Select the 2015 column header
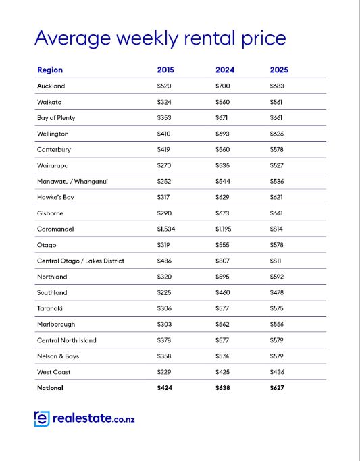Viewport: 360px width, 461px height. tap(165, 70)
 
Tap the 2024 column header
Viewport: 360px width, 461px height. tap(225, 70)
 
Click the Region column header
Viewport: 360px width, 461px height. tap(50, 70)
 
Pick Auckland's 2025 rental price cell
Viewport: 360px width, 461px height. tap(277, 86)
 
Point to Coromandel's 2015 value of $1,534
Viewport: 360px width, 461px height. tap(166, 229)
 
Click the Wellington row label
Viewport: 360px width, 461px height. tap(53, 134)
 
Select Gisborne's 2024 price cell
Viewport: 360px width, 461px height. tap(222, 213)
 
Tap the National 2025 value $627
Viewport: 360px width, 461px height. tap(277, 388)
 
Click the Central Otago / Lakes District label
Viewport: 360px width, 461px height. tap(81, 261)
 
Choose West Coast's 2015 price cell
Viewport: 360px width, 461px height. tap(164, 372)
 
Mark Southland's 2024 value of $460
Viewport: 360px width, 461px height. tap(223, 292)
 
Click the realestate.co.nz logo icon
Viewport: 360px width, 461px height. tap(42, 418)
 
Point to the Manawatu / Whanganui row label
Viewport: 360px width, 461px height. tap(72, 182)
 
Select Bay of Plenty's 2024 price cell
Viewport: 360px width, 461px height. tap(222, 118)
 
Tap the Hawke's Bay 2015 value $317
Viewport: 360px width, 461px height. tap(163, 197)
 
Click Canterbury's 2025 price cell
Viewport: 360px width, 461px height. tap(277, 150)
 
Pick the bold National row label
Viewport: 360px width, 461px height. tap(50, 388)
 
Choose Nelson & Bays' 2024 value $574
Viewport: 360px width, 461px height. tap(222, 356)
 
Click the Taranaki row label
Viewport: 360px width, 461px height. tap(50, 308)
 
